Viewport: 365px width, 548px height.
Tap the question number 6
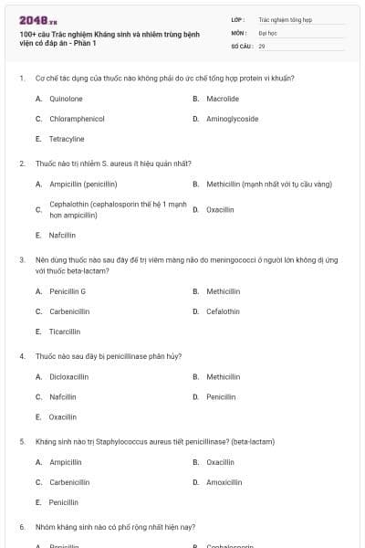coord(22,527)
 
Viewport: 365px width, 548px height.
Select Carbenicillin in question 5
coord(69,481)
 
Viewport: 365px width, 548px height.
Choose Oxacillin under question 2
coord(220,209)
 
